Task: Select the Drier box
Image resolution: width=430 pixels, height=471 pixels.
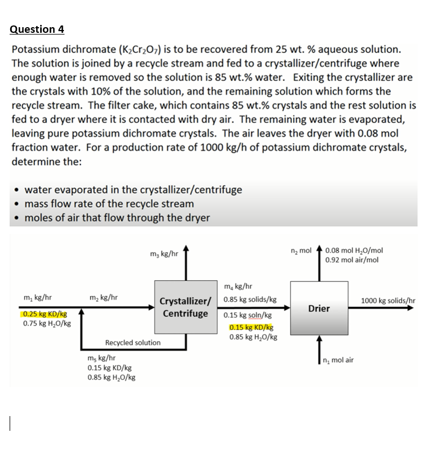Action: tap(319, 308)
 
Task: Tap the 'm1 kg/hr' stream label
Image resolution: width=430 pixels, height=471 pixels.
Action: tap(38, 297)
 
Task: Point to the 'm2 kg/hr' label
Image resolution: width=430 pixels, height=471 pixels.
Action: tap(104, 297)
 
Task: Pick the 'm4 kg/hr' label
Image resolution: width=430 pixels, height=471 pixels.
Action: tap(238, 287)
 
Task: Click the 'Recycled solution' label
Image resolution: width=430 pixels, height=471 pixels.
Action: tap(132, 342)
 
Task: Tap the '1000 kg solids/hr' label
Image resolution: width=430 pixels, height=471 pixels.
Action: tap(388, 300)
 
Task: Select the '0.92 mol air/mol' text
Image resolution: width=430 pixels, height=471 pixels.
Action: tap(352, 260)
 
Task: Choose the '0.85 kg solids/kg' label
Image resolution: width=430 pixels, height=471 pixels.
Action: tap(250, 299)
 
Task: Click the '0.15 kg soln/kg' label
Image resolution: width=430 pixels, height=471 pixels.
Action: tap(248, 315)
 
